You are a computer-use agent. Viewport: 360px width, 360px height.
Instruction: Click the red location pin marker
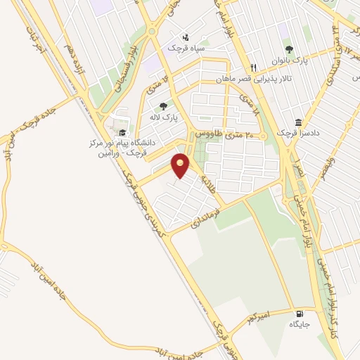pyautogui.click(x=181, y=166)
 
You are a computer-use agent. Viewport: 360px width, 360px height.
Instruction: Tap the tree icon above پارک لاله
pyautogui.click(x=163, y=106)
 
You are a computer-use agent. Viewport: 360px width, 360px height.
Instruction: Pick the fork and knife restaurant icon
pyautogui.click(x=254, y=67)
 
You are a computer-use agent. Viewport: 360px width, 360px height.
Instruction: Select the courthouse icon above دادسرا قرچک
pyautogui.click(x=299, y=122)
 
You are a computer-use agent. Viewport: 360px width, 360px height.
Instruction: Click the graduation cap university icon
pyautogui.click(x=123, y=131)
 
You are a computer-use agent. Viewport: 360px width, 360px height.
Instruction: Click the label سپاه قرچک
pyautogui.click(x=184, y=48)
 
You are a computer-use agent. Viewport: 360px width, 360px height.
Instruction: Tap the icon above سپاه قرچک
pyautogui.click(x=185, y=37)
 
